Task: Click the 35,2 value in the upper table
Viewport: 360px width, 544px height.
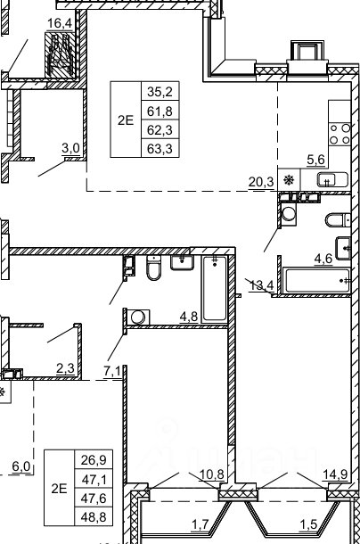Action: (x=160, y=92)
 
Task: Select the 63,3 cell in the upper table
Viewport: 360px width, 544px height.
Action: (x=160, y=149)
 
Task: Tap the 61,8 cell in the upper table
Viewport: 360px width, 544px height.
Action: (x=160, y=111)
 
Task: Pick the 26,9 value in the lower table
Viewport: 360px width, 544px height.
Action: (x=94, y=460)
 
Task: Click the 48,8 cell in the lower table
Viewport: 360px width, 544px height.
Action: (x=94, y=517)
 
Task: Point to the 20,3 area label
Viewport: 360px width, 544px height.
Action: (x=261, y=181)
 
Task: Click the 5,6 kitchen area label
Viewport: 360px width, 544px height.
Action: (x=316, y=160)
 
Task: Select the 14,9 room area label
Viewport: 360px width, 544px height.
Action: (x=335, y=474)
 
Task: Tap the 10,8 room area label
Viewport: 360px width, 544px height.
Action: (x=212, y=474)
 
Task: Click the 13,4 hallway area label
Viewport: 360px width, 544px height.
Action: (x=262, y=286)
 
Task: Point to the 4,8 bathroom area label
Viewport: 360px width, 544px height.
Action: (x=189, y=317)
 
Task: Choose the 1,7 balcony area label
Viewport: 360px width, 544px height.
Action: (x=200, y=523)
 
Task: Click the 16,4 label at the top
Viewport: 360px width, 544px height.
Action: (x=60, y=23)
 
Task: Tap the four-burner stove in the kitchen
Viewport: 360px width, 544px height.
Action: (x=340, y=134)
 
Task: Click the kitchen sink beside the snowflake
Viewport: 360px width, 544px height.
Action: (x=332, y=180)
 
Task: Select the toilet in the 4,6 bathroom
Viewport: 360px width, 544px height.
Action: (x=338, y=219)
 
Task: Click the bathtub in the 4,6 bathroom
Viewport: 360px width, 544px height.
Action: (x=317, y=280)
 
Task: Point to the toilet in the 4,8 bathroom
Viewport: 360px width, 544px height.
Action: (x=153, y=268)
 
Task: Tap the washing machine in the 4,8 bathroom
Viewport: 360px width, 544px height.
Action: (x=138, y=317)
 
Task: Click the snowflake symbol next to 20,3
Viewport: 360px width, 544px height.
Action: (x=289, y=180)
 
